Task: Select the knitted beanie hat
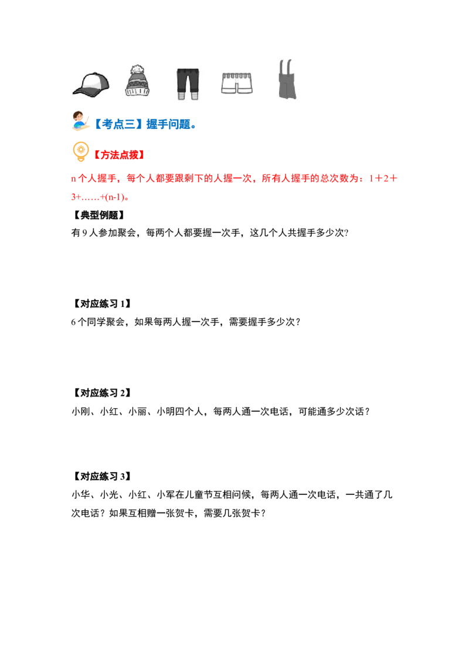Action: click(x=137, y=81)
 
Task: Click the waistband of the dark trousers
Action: click(x=188, y=71)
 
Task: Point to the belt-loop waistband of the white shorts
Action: click(x=237, y=76)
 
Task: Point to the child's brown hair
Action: click(x=77, y=113)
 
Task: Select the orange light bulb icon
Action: click(x=80, y=152)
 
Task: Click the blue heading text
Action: click(x=145, y=124)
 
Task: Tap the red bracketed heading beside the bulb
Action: click(x=120, y=155)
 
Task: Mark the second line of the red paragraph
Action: click(x=100, y=199)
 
